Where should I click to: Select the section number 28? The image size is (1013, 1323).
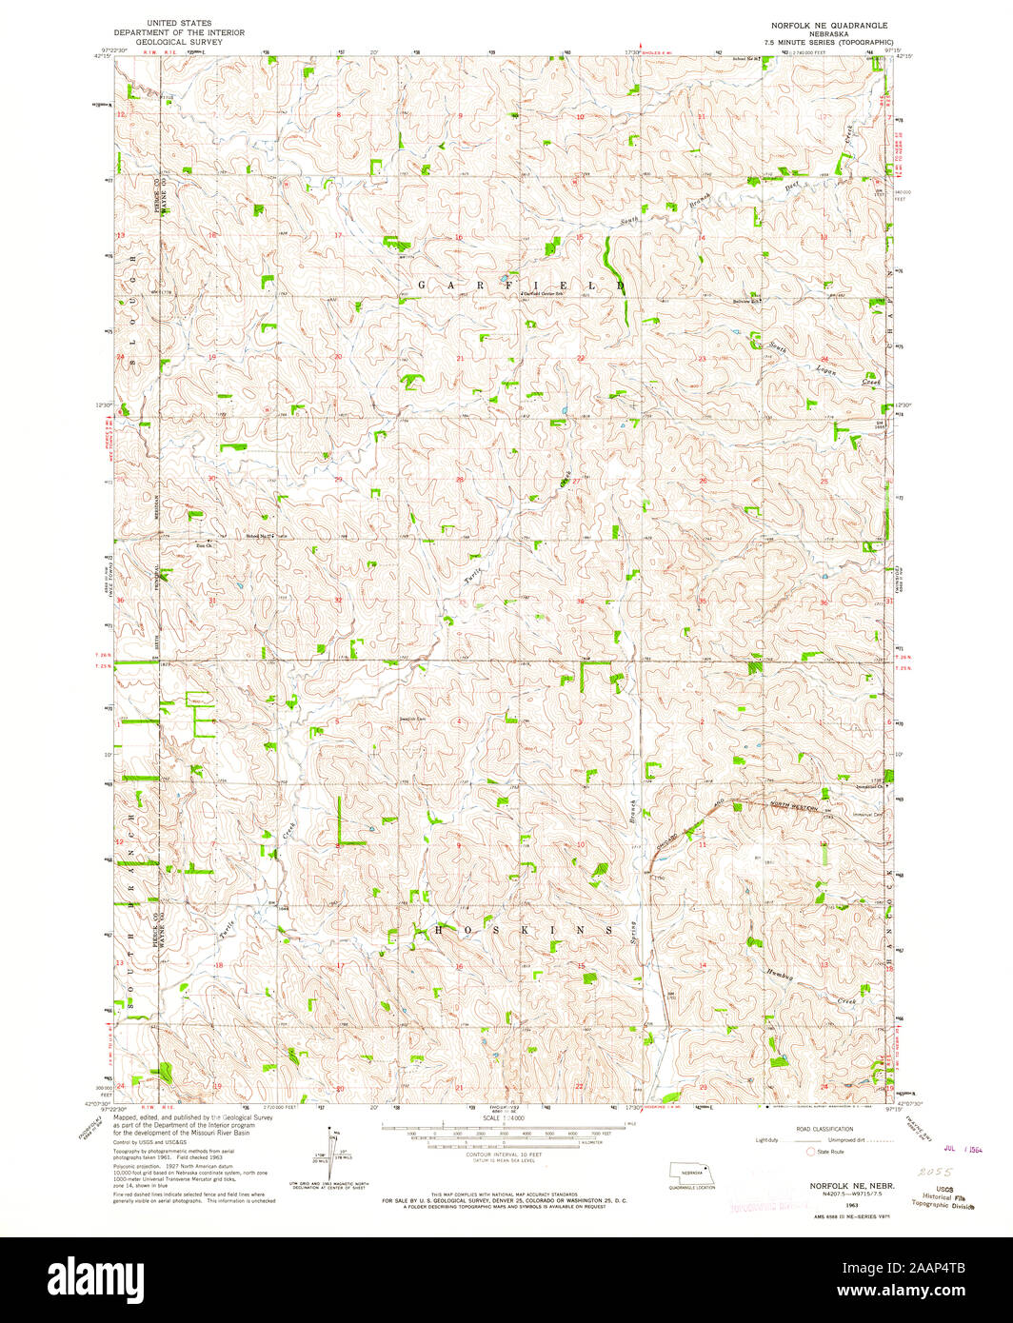click(460, 480)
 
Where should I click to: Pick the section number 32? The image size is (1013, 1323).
click(338, 601)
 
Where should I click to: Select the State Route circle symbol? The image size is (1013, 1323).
click(811, 1151)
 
